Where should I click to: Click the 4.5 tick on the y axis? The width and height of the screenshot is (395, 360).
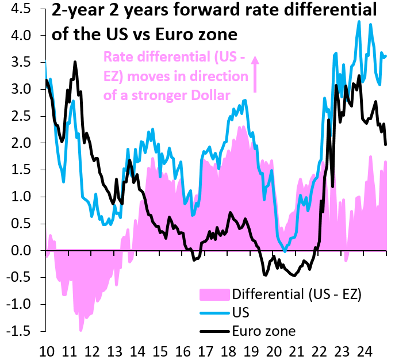(x=24, y=9)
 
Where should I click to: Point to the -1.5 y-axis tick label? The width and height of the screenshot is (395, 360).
(x=21, y=332)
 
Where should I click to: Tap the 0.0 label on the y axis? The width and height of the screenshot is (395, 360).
(x=24, y=251)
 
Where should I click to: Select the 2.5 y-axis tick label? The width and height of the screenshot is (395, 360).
(x=24, y=116)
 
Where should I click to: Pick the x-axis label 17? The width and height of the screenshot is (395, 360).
(x=205, y=350)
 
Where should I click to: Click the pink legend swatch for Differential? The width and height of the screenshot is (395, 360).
(x=214, y=295)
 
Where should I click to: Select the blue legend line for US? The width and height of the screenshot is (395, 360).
(x=214, y=313)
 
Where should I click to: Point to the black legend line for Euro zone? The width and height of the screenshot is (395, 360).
(x=214, y=331)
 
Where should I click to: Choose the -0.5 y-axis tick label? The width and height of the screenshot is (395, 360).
(x=21, y=278)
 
